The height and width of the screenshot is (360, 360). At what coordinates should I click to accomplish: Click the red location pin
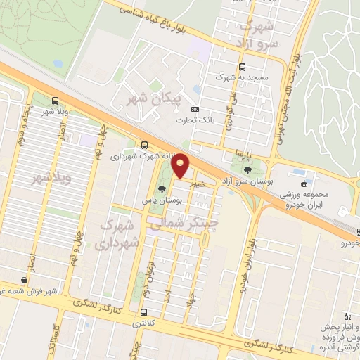[180, 166]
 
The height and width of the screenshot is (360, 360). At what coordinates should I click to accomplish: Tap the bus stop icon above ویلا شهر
[56, 101]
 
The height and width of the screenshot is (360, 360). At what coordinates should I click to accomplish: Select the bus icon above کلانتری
[144, 313]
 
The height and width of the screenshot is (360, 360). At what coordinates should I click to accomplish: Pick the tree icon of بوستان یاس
[162, 189]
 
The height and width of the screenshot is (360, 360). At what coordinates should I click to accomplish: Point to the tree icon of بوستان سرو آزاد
[247, 170]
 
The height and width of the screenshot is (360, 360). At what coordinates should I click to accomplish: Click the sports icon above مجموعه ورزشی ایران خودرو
[303, 184]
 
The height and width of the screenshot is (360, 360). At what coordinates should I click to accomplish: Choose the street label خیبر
[200, 182]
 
